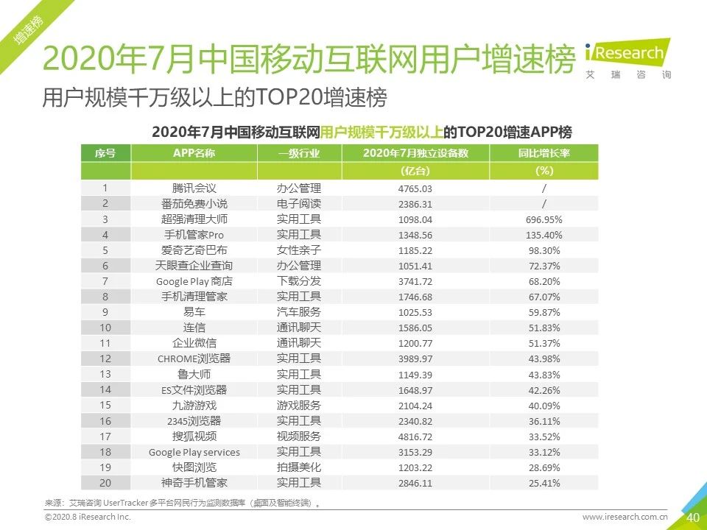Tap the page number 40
tap(692, 517)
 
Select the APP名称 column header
tap(194, 153)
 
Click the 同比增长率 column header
tap(544, 153)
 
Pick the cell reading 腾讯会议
tap(194, 188)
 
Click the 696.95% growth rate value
tap(544, 219)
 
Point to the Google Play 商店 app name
tap(194, 281)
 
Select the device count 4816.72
tap(415, 436)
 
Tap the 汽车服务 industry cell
tap(299, 312)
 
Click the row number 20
tap(105, 483)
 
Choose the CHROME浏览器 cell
tap(194, 358)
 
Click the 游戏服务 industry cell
tap(299, 405)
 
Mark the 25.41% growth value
tap(544, 483)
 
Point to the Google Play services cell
tap(194, 452)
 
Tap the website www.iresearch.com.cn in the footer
tap(625, 517)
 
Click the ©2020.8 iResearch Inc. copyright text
tap(88, 517)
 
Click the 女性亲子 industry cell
tap(299, 250)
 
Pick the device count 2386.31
tap(415, 204)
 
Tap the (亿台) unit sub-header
tap(415, 171)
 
